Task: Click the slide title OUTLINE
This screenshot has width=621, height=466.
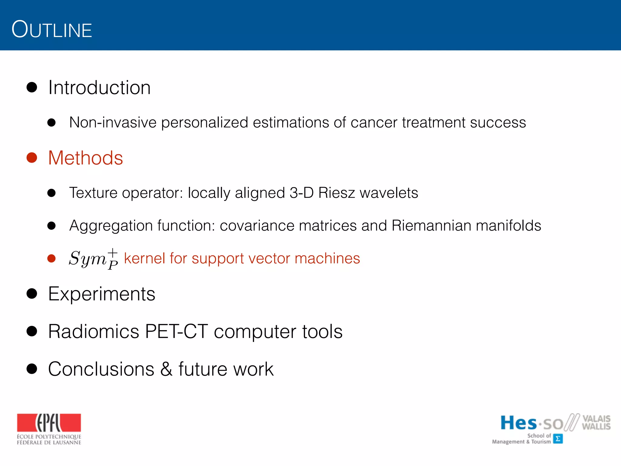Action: coord(52,29)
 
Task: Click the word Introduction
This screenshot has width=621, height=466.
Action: coord(99,88)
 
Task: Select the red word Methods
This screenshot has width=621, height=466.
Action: coord(86,158)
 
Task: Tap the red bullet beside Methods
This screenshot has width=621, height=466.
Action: coord(32,158)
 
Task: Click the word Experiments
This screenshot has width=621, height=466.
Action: coord(102,294)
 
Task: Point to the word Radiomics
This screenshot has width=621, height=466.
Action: coord(93,331)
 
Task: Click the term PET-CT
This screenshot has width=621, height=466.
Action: coord(176,331)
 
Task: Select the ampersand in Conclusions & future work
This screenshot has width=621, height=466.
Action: coord(166,369)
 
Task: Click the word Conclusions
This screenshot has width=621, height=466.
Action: coord(101,369)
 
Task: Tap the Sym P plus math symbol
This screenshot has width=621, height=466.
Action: coord(93,259)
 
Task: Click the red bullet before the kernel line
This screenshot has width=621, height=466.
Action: coord(52,258)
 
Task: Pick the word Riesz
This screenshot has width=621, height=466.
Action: coord(337,193)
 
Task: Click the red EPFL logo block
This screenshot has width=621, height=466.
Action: coord(49,423)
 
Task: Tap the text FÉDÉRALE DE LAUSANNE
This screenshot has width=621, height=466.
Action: coord(49,443)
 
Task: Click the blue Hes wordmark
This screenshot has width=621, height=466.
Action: coord(518,423)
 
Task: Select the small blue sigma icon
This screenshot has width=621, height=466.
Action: coord(558,439)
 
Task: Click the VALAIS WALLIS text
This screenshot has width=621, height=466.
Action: coord(596,423)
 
